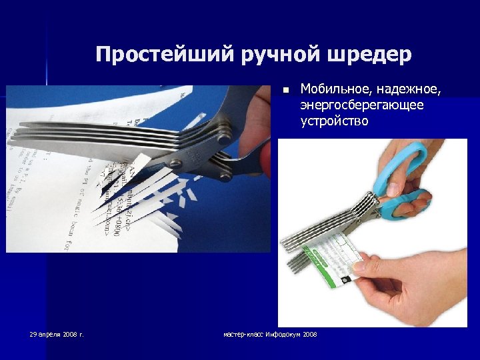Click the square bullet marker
[285, 90]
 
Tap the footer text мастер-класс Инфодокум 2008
[270, 333]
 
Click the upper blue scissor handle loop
[407, 160]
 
